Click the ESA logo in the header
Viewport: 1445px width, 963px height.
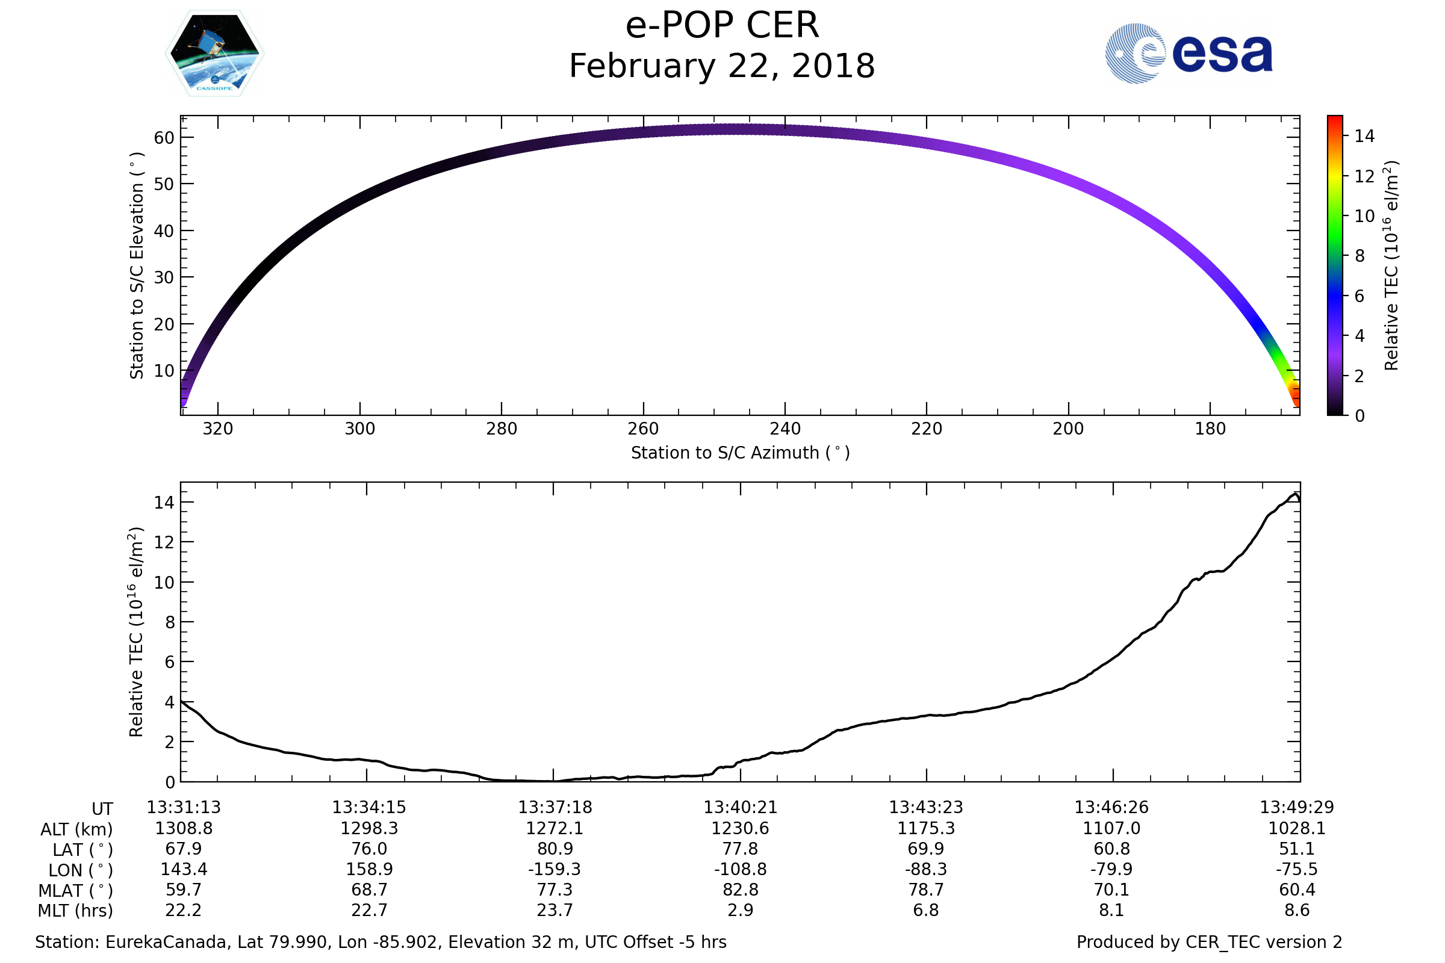[x=1188, y=54]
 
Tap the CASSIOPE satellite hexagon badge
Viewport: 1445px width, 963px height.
[x=214, y=54]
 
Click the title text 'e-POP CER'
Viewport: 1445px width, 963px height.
[x=722, y=26]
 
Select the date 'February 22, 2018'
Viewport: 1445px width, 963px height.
[x=722, y=66]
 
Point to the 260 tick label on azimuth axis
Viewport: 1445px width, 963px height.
[x=643, y=429]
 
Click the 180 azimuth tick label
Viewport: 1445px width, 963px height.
[x=1210, y=429]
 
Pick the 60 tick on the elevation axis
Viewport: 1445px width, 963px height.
[x=164, y=138]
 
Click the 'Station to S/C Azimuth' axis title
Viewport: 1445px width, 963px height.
[x=741, y=453]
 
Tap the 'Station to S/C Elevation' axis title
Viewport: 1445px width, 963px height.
[x=137, y=265]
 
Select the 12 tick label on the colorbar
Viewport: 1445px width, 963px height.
[x=1364, y=176]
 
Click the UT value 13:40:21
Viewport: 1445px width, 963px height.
[x=741, y=807]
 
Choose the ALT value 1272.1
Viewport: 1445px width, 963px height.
[x=554, y=829]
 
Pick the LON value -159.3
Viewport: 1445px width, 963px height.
[x=554, y=870]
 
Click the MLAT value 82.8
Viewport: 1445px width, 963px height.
[x=741, y=890]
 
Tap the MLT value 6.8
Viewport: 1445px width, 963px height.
[x=926, y=910]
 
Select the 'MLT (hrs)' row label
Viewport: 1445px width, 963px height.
[x=76, y=911]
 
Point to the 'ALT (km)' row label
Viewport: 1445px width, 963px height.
[x=77, y=830]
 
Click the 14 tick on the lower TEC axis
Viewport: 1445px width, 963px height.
[x=164, y=503]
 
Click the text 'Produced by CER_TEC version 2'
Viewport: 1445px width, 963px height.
[x=1209, y=942]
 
